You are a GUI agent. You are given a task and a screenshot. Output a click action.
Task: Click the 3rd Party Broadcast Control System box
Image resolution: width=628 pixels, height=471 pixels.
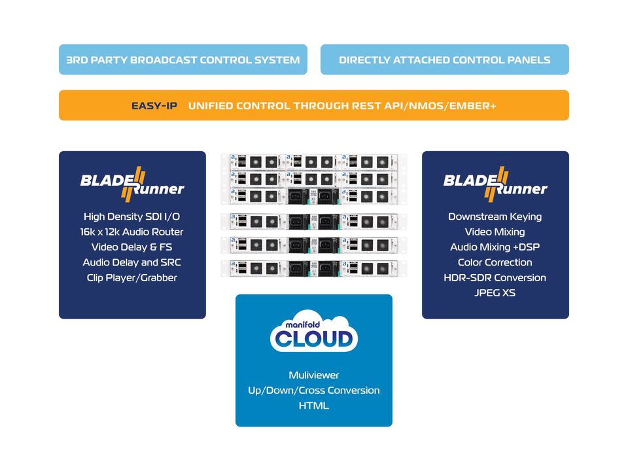(x=183, y=60)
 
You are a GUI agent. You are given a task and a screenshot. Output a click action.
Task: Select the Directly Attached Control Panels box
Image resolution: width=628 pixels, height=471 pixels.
(x=444, y=60)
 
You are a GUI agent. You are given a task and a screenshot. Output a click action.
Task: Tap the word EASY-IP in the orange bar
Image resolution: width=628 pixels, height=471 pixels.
(x=154, y=105)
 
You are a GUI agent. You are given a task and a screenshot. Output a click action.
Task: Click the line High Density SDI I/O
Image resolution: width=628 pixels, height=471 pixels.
(x=132, y=217)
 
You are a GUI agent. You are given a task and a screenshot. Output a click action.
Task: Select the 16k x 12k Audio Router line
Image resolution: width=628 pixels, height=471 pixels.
(x=132, y=232)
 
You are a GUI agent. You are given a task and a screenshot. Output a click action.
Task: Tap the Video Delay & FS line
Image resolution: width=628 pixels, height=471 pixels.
(x=132, y=247)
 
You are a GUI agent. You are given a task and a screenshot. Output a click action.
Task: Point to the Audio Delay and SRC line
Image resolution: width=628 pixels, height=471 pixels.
(x=132, y=262)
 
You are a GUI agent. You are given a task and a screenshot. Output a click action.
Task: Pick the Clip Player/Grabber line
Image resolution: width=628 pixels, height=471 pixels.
(x=132, y=277)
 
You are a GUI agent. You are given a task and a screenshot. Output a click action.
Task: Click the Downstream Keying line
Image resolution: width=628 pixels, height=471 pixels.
(x=495, y=217)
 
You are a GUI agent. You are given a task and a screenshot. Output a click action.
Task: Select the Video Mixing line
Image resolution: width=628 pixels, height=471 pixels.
(x=495, y=232)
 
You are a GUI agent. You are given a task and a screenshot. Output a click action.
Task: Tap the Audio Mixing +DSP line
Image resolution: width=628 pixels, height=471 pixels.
(x=495, y=247)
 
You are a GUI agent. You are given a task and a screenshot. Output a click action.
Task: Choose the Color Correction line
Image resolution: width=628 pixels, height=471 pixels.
(x=495, y=262)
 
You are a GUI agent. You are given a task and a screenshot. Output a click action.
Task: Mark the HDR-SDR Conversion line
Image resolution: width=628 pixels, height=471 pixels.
(x=495, y=277)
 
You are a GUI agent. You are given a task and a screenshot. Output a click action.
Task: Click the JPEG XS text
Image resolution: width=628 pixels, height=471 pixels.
(x=495, y=292)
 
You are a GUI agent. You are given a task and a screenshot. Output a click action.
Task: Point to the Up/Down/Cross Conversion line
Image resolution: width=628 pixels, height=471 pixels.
(x=314, y=390)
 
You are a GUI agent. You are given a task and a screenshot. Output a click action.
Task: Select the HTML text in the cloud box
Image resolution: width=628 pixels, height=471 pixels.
(x=314, y=406)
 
